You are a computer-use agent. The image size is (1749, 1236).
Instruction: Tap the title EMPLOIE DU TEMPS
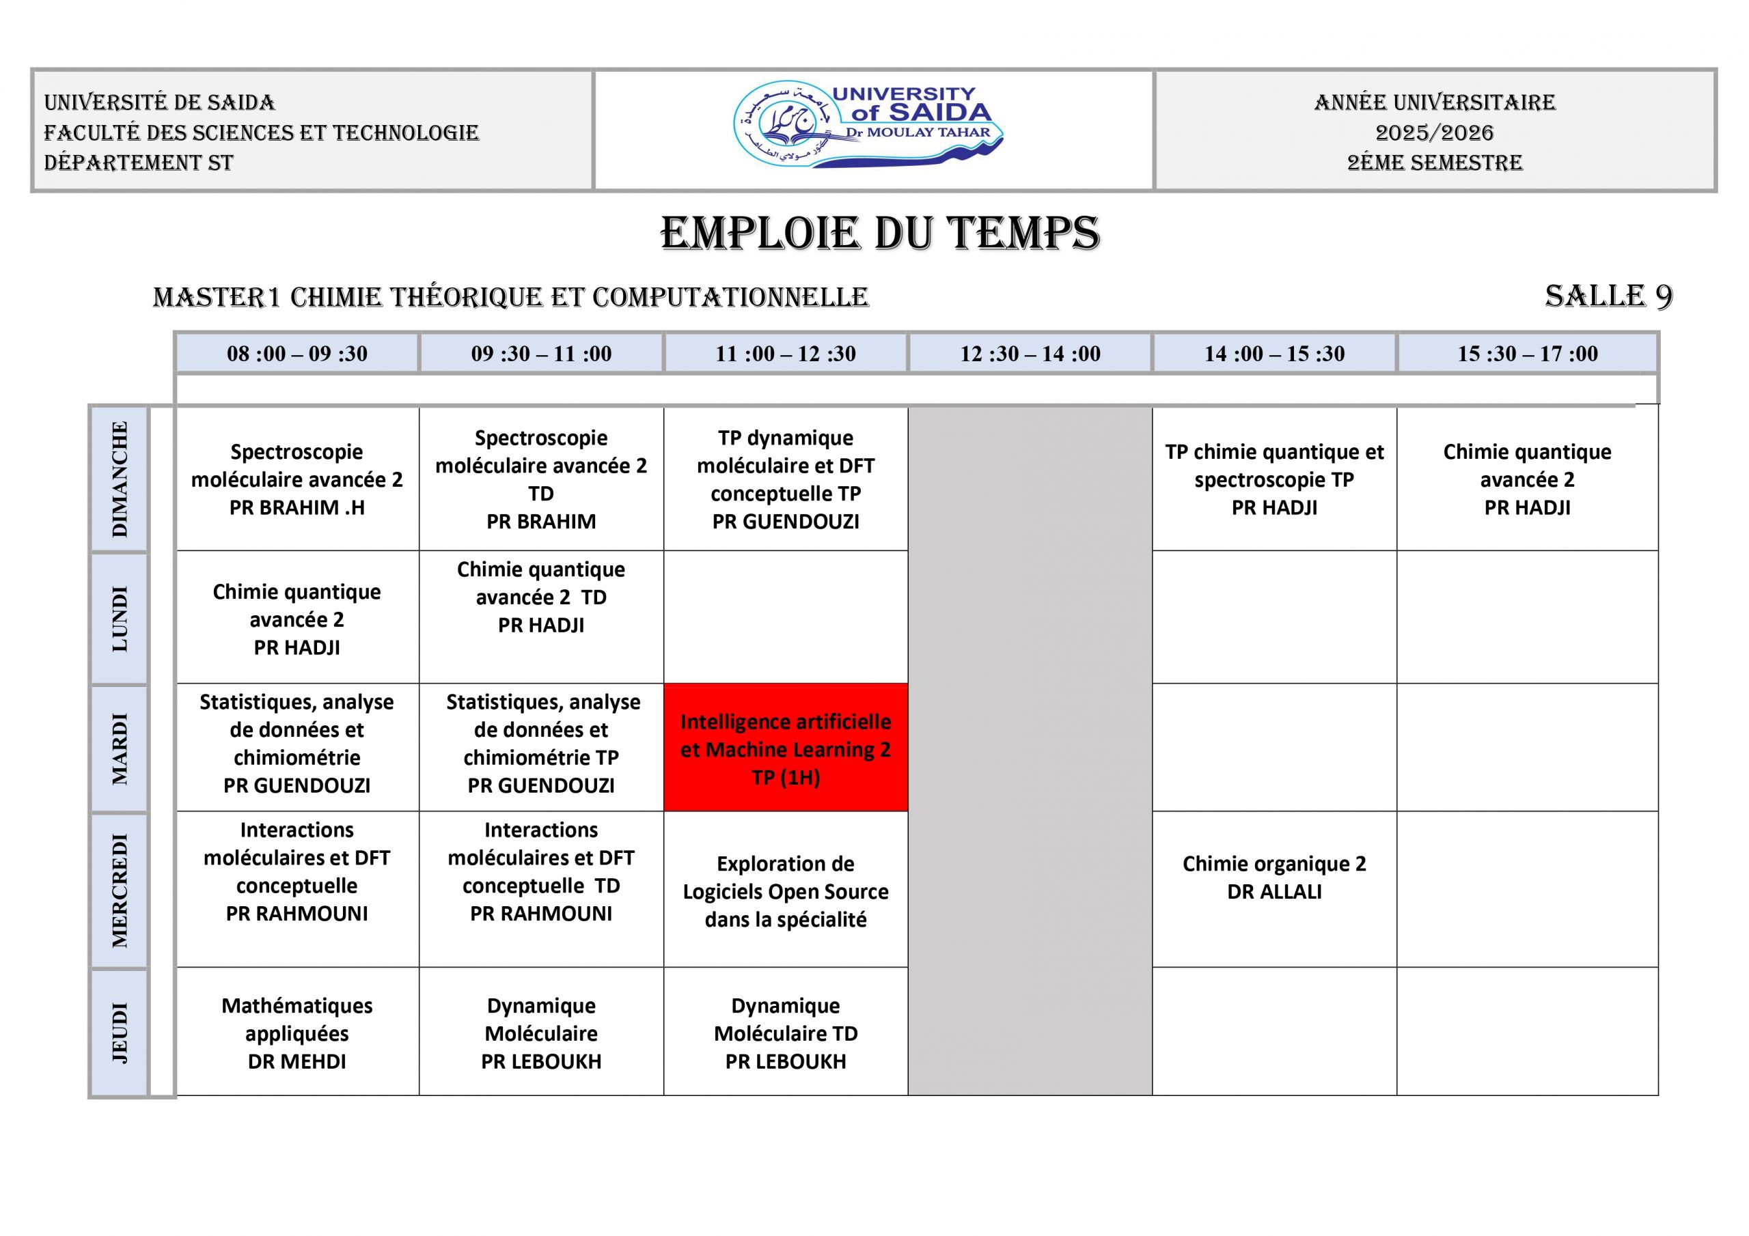(x=880, y=233)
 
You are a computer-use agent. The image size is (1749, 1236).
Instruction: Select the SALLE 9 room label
(x=1608, y=296)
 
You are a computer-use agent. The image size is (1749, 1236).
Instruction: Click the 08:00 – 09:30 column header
(x=297, y=353)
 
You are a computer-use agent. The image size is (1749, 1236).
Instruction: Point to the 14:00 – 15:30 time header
(x=1274, y=353)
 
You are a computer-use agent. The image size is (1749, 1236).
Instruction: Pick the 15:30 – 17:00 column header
(x=1528, y=353)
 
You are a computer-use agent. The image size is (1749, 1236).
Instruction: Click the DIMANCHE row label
(x=120, y=479)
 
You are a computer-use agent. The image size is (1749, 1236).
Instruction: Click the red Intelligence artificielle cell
(x=786, y=748)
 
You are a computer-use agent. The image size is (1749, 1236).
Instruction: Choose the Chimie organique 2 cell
(x=1274, y=877)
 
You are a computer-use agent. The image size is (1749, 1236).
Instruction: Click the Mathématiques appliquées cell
(x=297, y=1033)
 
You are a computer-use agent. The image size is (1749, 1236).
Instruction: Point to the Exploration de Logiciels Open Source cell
(x=786, y=891)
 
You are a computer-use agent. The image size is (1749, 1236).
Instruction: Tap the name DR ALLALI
(x=1274, y=892)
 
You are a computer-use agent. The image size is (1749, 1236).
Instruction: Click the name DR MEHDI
(x=297, y=1062)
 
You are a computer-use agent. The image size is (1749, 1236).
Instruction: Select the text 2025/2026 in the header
(x=1435, y=132)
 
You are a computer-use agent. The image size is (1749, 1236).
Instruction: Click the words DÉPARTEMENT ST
(x=139, y=163)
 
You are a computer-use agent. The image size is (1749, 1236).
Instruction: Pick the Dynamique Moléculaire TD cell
(x=786, y=1033)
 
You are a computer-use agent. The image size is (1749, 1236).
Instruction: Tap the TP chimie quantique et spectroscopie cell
(x=1274, y=479)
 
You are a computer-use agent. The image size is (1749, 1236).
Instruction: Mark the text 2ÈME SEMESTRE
(x=1435, y=163)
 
